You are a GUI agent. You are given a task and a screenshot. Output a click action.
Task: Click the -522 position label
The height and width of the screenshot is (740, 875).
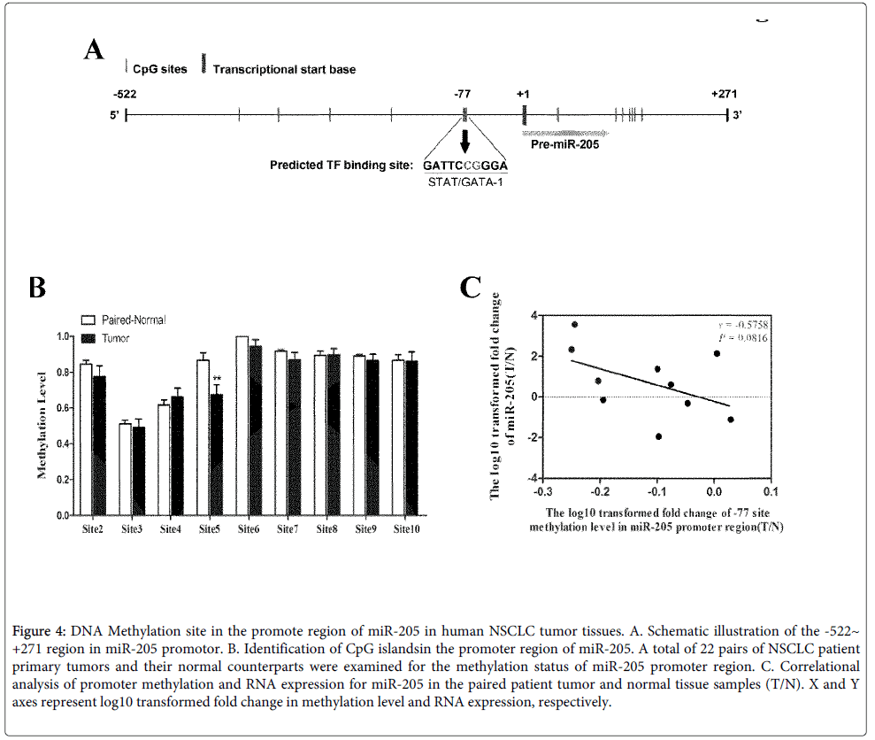tap(125, 94)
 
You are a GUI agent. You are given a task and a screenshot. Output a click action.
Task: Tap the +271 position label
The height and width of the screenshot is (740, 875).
tap(724, 94)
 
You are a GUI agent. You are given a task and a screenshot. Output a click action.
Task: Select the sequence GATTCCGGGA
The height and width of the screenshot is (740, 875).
tap(465, 166)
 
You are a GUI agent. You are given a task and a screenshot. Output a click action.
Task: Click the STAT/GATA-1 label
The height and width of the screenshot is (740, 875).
tap(465, 183)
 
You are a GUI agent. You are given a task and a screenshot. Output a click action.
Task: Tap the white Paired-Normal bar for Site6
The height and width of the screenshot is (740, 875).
tap(242, 425)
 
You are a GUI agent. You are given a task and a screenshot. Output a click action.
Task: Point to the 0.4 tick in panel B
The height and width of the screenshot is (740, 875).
tap(62, 443)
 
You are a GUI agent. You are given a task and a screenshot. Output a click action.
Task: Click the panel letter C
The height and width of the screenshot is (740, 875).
tap(471, 288)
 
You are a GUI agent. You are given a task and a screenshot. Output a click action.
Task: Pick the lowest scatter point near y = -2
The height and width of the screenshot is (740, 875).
tap(658, 436)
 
